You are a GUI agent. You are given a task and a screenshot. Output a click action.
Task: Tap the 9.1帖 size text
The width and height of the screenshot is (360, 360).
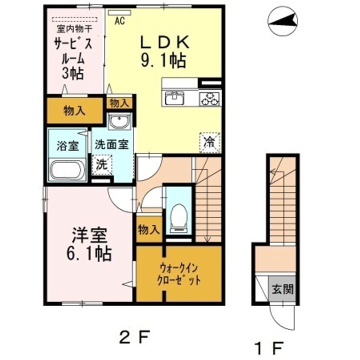164,61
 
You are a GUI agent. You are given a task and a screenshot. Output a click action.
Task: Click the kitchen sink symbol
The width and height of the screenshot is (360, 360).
174,97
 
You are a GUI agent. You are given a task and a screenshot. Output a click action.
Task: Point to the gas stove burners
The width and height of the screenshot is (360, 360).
210,98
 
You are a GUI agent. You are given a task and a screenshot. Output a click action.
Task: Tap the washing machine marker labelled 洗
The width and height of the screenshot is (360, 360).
102,163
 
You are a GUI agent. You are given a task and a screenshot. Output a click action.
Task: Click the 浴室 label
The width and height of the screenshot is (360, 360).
66,146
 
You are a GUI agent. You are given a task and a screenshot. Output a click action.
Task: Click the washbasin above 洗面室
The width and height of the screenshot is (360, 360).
119,121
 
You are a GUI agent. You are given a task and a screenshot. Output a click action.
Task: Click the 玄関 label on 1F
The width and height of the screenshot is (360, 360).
282,288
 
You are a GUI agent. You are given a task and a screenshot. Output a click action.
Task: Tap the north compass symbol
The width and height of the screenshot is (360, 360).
282,20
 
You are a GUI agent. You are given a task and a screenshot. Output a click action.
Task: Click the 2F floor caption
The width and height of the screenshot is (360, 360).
134,335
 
